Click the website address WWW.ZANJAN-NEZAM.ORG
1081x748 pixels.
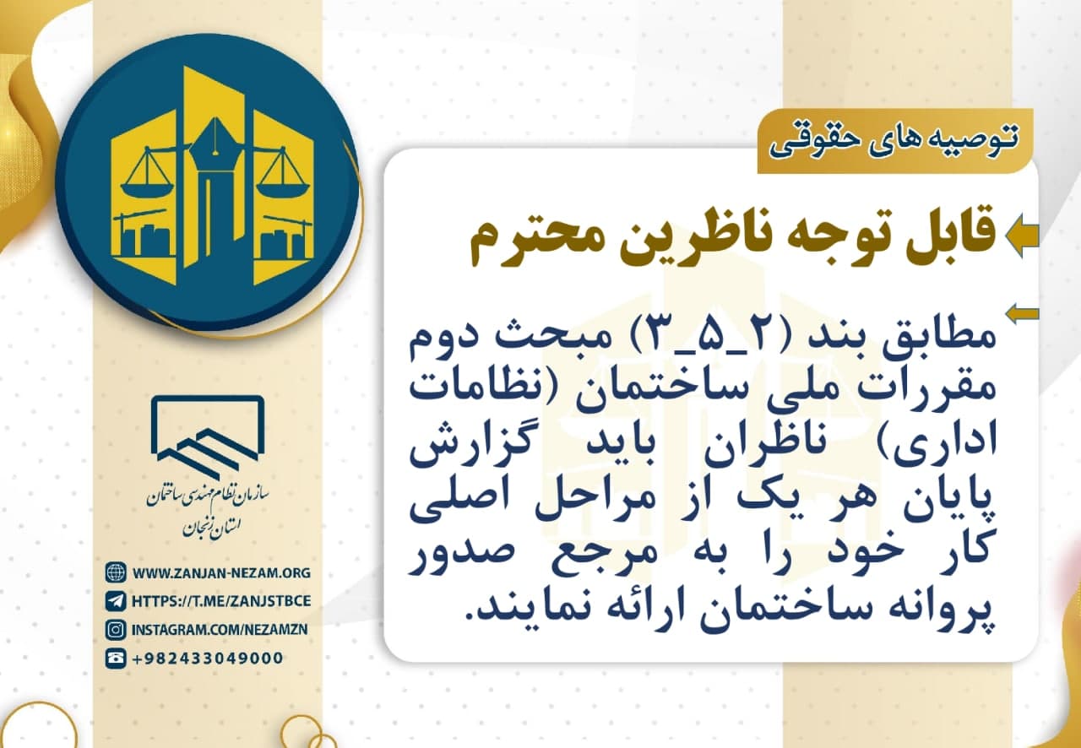221,573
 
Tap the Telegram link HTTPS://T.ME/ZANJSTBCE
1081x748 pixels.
221,601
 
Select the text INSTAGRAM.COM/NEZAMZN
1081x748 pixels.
220,629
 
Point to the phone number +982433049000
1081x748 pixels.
208,658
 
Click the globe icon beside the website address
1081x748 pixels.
116,573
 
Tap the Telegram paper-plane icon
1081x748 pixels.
116,601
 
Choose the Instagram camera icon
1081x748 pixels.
116,629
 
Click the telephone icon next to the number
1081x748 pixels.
116,658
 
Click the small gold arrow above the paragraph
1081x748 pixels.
1022,315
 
